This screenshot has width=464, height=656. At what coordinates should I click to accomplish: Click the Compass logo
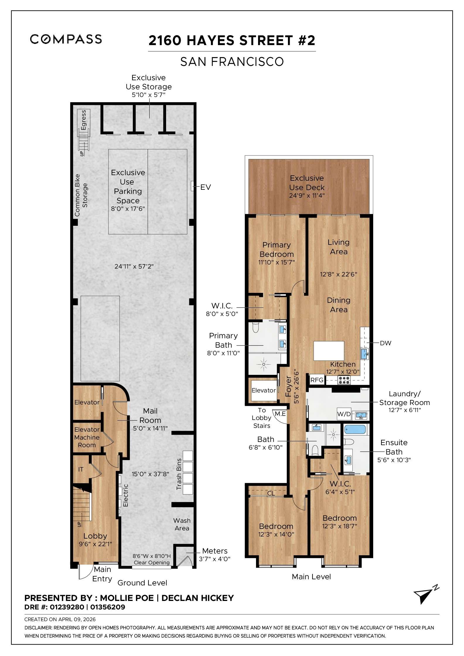pos(66,39)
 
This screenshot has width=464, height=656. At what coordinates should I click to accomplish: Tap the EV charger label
pos(205,187)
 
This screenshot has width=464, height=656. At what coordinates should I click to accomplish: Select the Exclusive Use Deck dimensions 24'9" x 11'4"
pos(307,196)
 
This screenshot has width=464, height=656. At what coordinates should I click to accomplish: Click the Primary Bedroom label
pos(277,249)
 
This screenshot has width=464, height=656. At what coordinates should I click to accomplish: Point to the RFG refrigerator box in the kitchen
pos(317,380)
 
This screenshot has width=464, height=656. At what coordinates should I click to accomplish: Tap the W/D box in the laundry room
pos(344,414)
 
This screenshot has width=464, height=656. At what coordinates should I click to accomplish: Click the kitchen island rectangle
pos(329,351)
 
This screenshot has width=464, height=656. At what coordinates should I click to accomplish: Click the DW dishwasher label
pos(385,343)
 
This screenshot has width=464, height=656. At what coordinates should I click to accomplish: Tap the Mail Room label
pos(150,416)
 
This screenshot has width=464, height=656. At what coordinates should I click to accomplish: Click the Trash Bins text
pos(179,474)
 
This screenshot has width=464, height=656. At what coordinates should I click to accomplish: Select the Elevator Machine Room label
pos(87,437)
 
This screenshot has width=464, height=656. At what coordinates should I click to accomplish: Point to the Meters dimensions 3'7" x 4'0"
pos(214,559)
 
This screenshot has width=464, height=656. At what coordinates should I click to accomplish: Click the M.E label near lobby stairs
pos(280,414)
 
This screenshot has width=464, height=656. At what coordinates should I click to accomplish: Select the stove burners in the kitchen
pos(344,380)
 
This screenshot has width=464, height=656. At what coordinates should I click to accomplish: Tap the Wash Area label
pos(182,524)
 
